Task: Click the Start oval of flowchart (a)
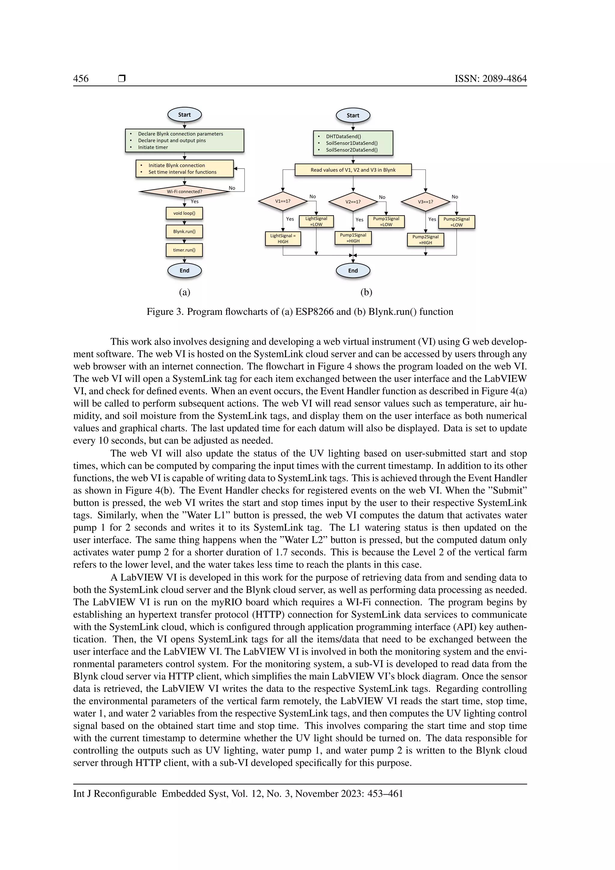[184, 115]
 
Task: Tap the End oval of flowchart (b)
[353, 271]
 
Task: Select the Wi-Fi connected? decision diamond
[184, 191]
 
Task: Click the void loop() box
[184, 213]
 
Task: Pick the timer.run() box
[184, 250]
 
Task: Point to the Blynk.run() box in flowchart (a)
[184, 232]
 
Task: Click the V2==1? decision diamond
[353, 202]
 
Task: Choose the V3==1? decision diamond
[425, 202]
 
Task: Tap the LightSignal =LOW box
[316, 221]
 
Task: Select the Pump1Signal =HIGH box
[353, 238]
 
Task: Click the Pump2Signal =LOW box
[456, 222]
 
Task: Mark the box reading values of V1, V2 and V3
[353, 170]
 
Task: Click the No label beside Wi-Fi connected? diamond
[232, 188]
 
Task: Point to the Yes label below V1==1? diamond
[290, 219]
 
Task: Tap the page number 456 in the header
[81, 79]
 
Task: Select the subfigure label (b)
[366, 292]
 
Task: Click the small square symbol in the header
[122, 79]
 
